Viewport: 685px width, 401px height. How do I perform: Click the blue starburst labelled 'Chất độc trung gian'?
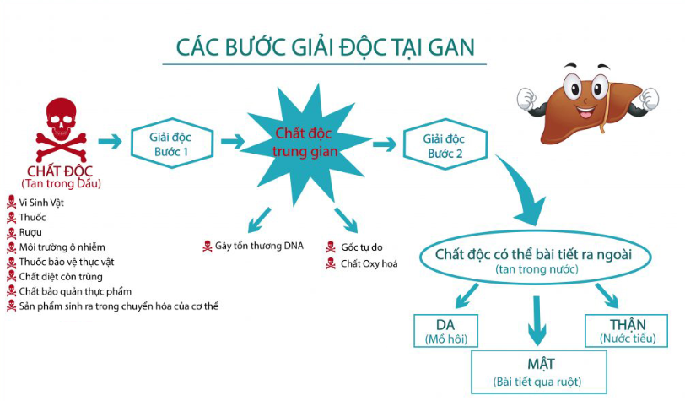click(305, 143)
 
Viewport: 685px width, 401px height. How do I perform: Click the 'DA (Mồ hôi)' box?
click(445, 331)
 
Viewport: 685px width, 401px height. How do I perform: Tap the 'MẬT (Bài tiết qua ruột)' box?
click(537, 371)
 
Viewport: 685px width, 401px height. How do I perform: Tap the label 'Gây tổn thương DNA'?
click(258, 246)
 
